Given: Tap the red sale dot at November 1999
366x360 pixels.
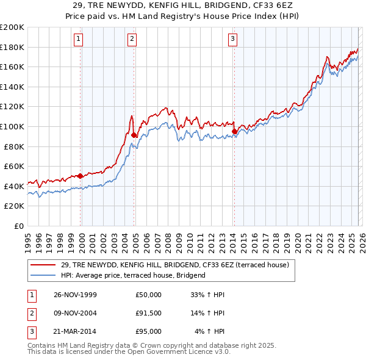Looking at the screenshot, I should pos(81,176).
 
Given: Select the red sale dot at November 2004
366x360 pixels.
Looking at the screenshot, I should pos(134,135).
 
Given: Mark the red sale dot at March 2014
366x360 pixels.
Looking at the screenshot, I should pos(234,131).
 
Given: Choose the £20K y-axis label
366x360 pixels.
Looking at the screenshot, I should pos(14,206).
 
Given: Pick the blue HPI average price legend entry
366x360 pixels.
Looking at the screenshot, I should pos(133,275).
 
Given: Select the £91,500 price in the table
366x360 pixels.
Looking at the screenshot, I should pos(148,313).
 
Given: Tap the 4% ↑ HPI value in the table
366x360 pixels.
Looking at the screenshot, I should pos(209,331).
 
